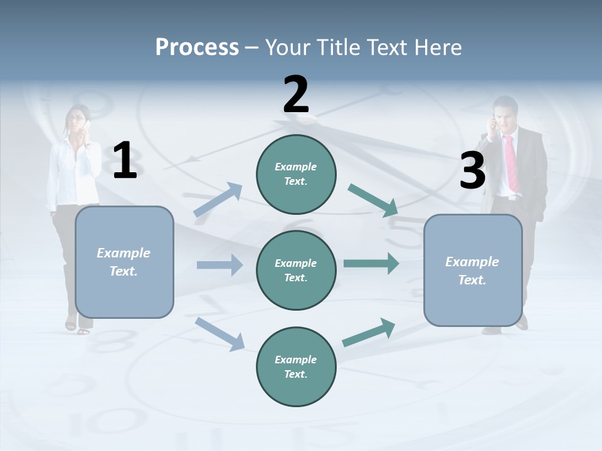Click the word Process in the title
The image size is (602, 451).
197,47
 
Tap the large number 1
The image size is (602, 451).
125,161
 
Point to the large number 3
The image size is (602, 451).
472,171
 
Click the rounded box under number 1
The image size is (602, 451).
124,262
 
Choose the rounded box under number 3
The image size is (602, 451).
473,271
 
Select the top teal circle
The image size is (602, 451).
296,174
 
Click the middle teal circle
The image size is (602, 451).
296,270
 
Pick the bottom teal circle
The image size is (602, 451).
296,366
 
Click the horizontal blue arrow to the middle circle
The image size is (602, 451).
219,265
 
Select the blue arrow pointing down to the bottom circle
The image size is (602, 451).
219,333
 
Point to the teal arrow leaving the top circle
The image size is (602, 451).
372,200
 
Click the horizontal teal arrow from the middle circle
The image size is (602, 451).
371,263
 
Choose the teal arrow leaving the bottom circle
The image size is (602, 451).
369,333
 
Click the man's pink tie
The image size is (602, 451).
511,163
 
